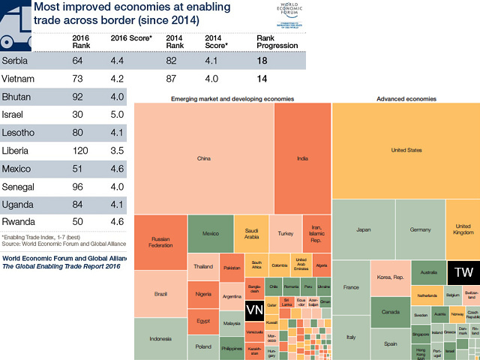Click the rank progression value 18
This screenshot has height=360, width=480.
[262, 61]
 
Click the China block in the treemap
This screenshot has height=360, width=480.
[203, 158]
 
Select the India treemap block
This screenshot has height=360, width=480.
[302, 158]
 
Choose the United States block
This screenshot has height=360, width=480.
[406, 150]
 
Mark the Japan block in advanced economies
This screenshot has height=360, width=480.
[363, 229]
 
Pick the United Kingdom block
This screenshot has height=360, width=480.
[463, 229]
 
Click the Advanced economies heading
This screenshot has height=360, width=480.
[406, 98]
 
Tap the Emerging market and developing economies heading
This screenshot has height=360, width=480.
[232, 98]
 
